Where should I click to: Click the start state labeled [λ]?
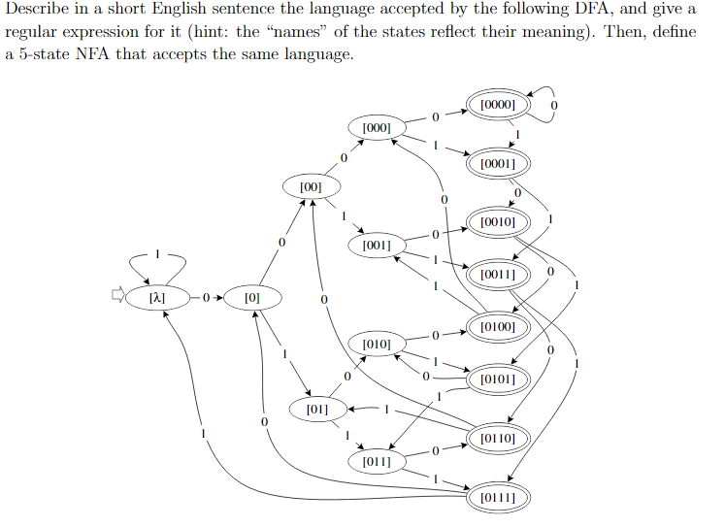click(x=155, y=297)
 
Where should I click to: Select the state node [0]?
click(x=252, y=297)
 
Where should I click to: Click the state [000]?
click(x=376, y=127)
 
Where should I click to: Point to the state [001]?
click(x=376, y=246)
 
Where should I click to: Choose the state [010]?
click(x=376, y=344)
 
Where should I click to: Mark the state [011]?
click(x=376, y=462)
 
